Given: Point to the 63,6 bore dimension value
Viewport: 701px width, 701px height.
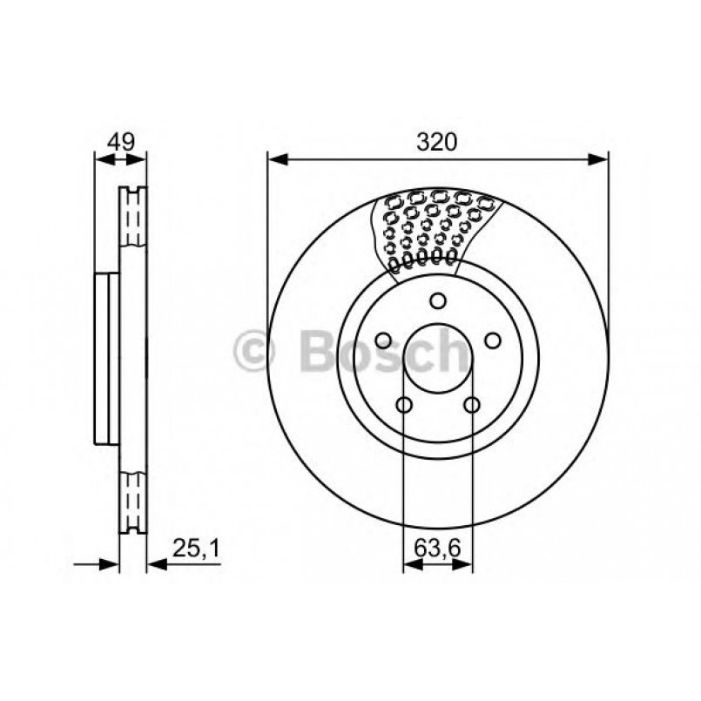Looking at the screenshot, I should point(436,550).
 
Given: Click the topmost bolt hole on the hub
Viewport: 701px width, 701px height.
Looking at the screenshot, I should point(438,301).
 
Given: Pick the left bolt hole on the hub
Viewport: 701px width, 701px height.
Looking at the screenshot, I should point(382,341).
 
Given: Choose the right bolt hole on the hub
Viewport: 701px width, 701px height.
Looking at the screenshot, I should point(493,340).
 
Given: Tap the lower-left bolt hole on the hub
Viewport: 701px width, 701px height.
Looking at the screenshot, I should point(404,405).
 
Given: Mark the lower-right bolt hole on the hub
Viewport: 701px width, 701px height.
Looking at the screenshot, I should point(472,405).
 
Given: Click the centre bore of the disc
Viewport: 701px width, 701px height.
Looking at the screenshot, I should point(438,360).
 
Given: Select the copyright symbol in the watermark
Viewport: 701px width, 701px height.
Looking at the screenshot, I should point(255,352).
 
